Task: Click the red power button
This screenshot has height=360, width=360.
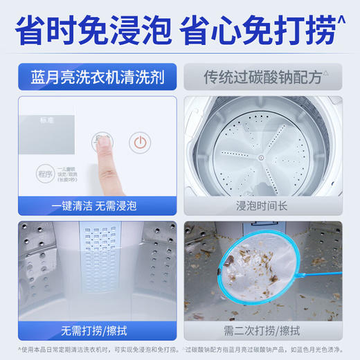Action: click(x=141, y=143)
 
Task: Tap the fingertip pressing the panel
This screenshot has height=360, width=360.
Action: click(x=103, y=142)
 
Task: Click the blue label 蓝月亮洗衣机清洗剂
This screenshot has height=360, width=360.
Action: click(x=92, y=77)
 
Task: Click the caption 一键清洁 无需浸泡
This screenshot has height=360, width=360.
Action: click(x=92, y=206)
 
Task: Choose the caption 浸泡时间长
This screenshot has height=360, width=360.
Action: click(x=267, y=206)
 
